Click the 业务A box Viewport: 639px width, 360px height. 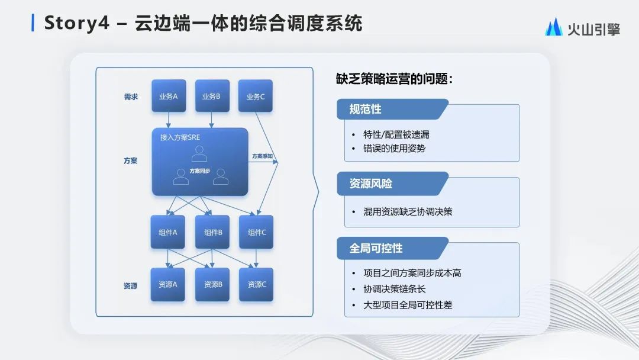(169, 96)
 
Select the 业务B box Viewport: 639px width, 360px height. (212, 96)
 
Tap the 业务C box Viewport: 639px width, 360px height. (256, 96)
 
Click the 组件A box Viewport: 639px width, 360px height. (168, 232)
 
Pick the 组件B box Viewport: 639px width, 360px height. (212, 232)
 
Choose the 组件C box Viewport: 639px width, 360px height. (256, 232)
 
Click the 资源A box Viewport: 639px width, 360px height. (168, 284)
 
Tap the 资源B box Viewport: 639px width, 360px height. (212, 284)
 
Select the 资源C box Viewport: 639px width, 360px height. (256, 284)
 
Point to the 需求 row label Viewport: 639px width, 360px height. (131, 97)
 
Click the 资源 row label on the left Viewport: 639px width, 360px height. (131, 285)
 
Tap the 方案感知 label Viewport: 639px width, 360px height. (263, 156)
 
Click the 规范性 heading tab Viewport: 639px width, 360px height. (366, 110)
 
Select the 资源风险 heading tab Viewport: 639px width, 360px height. (371, 184)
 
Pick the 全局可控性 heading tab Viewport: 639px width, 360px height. (376, 248)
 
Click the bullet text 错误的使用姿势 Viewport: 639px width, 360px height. (394, 148)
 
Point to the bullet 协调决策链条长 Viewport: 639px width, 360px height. (394, 289)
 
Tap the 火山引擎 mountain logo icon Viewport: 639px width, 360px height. (554, 27)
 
